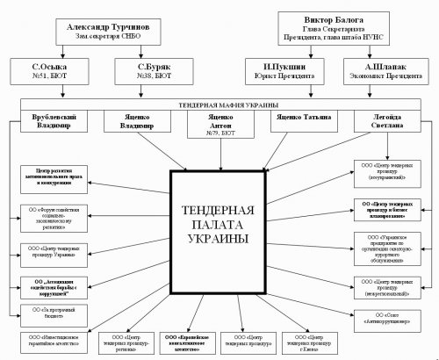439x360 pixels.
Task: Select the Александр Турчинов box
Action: click(x=101, y=31)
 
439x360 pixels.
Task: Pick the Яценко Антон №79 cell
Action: click(x=216, y=123)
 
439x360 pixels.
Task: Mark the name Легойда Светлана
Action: click(x=379, y=120)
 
